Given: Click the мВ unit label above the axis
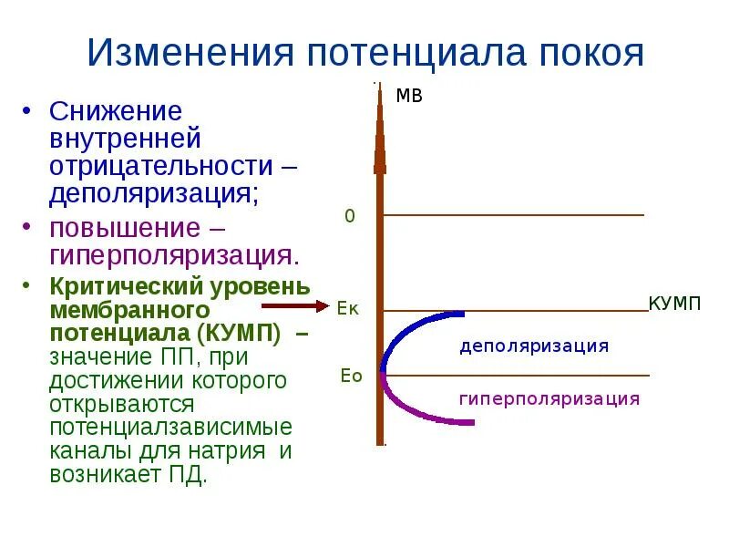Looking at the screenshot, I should pos(409,96).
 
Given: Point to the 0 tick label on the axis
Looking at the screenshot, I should pos(349,216).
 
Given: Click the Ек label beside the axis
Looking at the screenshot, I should pos(348,308).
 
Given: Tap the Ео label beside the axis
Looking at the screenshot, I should pos(351,376).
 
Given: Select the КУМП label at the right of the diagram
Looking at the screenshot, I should pos(674,304).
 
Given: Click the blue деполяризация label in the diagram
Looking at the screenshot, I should pos(533,346).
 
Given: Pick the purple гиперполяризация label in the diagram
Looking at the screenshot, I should pos(549,398).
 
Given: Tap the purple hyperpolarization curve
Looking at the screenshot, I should pos(410,409).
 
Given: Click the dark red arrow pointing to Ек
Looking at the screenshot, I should pos(301,307).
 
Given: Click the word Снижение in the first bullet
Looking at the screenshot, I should pos(116,111).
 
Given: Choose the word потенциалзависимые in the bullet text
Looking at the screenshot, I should pos(170,427).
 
